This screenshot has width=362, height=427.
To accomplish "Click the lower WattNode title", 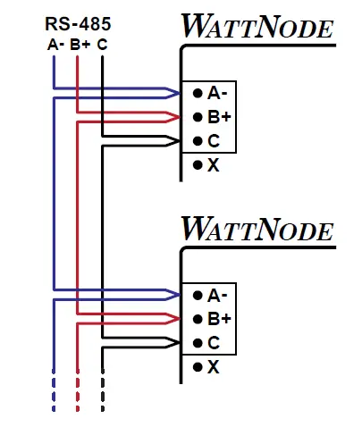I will (257, 230).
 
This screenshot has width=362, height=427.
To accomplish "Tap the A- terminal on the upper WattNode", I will (212, 93).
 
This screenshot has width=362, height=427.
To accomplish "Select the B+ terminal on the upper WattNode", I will (212, 117).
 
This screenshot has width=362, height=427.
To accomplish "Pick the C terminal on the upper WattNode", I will (207, 141).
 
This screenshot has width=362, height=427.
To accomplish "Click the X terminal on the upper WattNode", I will (207, 165).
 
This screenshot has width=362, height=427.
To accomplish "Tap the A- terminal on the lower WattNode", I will (212, 295).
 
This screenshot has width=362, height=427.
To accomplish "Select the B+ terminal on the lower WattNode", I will (212, 319).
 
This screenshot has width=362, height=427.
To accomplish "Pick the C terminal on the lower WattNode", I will (207, 343).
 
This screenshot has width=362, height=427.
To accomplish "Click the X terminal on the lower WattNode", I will (207, 367).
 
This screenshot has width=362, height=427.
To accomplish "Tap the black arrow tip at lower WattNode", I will (174, 343).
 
